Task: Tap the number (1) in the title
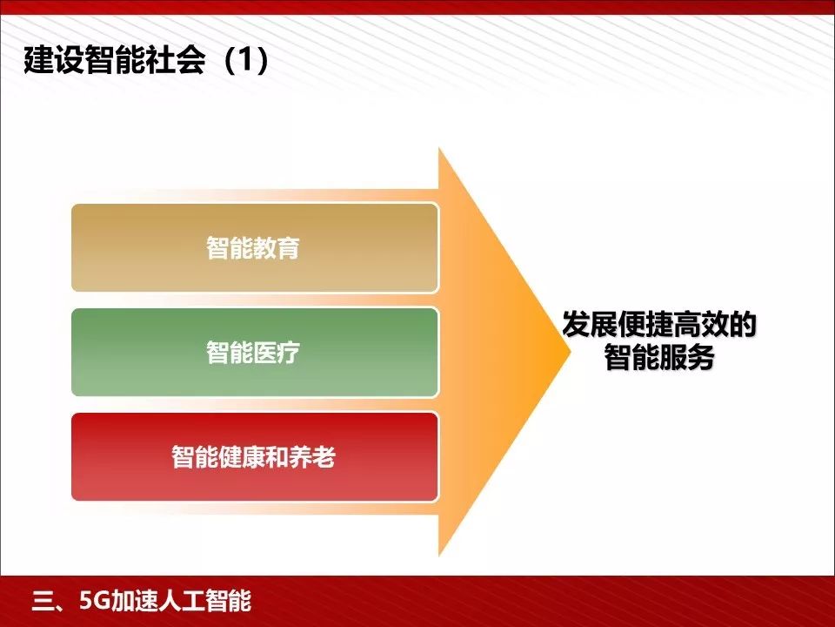(x=247, y=64)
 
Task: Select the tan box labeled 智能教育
(x=254, y=248)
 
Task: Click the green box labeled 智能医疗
(x=254, y=353)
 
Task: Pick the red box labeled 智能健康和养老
(x=254, y=457)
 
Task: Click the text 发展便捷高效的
(x=659, y=327)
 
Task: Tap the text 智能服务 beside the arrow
(x=659, y=358)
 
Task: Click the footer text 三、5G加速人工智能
(x=140, y=602)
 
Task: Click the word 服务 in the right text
(x=687, y=358)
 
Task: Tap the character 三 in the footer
(x=42, y=602)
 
